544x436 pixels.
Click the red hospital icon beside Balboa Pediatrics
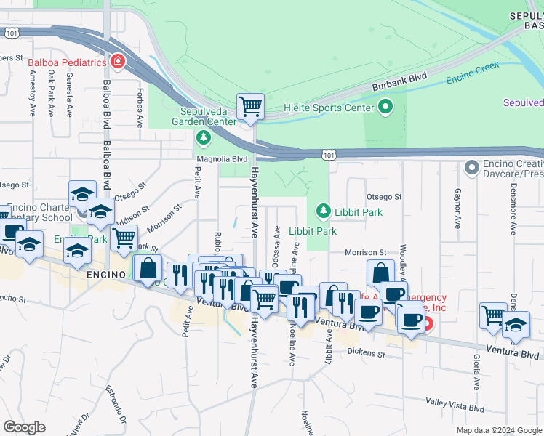click(117, 62)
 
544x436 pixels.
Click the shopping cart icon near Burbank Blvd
click(250, 106)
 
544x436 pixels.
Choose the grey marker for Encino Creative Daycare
click(473, 168)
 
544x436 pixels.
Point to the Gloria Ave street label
click(477, 373)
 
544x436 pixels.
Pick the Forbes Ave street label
click(138, 106)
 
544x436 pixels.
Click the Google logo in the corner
click(25, 427)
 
